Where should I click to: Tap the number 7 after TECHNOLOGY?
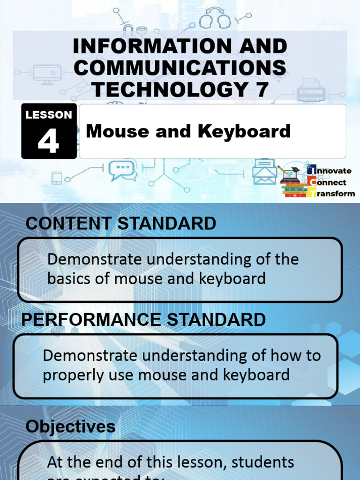[262, 89]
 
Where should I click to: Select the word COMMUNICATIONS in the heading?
[180, 68]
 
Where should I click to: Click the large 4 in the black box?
[49, 141]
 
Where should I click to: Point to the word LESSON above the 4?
[49, 115]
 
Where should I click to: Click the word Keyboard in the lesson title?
[244, 131]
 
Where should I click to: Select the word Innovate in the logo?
[334, 171]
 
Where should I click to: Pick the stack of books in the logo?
[293, 187]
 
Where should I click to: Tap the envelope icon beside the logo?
[265, 172]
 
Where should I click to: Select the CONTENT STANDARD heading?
[121, 224]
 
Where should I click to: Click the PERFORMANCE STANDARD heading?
[144, 320]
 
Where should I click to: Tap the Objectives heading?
[70, 426]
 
